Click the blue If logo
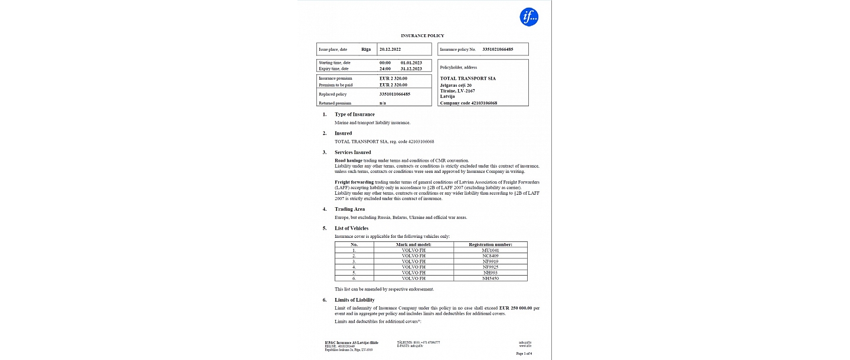[529, 17]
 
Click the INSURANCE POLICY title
[423, 36]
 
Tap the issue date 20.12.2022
[390, 50]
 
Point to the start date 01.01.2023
[411, 63]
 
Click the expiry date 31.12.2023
[411, 69]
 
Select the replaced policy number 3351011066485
[395, 94]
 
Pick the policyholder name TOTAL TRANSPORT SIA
[468, 78]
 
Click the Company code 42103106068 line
[469, 103]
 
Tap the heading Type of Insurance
[354, 114]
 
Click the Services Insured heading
[353, 152]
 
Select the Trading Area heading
[349, 209]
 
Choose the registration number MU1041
[491, 250]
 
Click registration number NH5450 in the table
[491, 278]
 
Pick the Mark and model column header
[413, 244]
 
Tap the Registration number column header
[491, 244]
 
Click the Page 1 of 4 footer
[524, 353]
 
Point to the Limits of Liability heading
[354, 300]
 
